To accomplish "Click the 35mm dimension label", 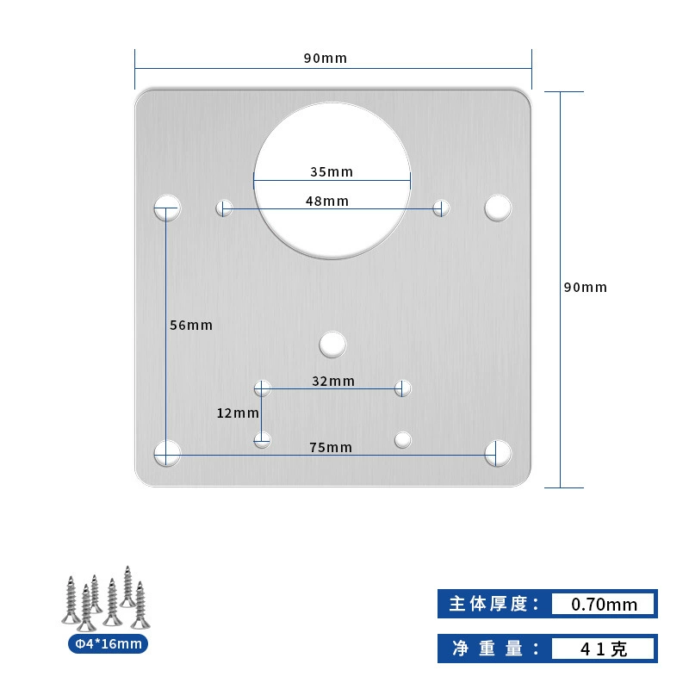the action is click(x=332, y=171).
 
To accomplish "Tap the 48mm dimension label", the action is click(x=327, y=202).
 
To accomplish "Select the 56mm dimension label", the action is click(x=191, y=326).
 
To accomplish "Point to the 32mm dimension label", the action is click(x=333, y=381).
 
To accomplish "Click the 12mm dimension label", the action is click(x=238, y=413).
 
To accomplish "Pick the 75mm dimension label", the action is click(x=331, y=447).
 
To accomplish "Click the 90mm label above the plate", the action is click(x=326, y=58).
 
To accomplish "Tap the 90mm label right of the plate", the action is click(x=586, y=288).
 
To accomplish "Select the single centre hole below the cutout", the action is click(x=332, y=344).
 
